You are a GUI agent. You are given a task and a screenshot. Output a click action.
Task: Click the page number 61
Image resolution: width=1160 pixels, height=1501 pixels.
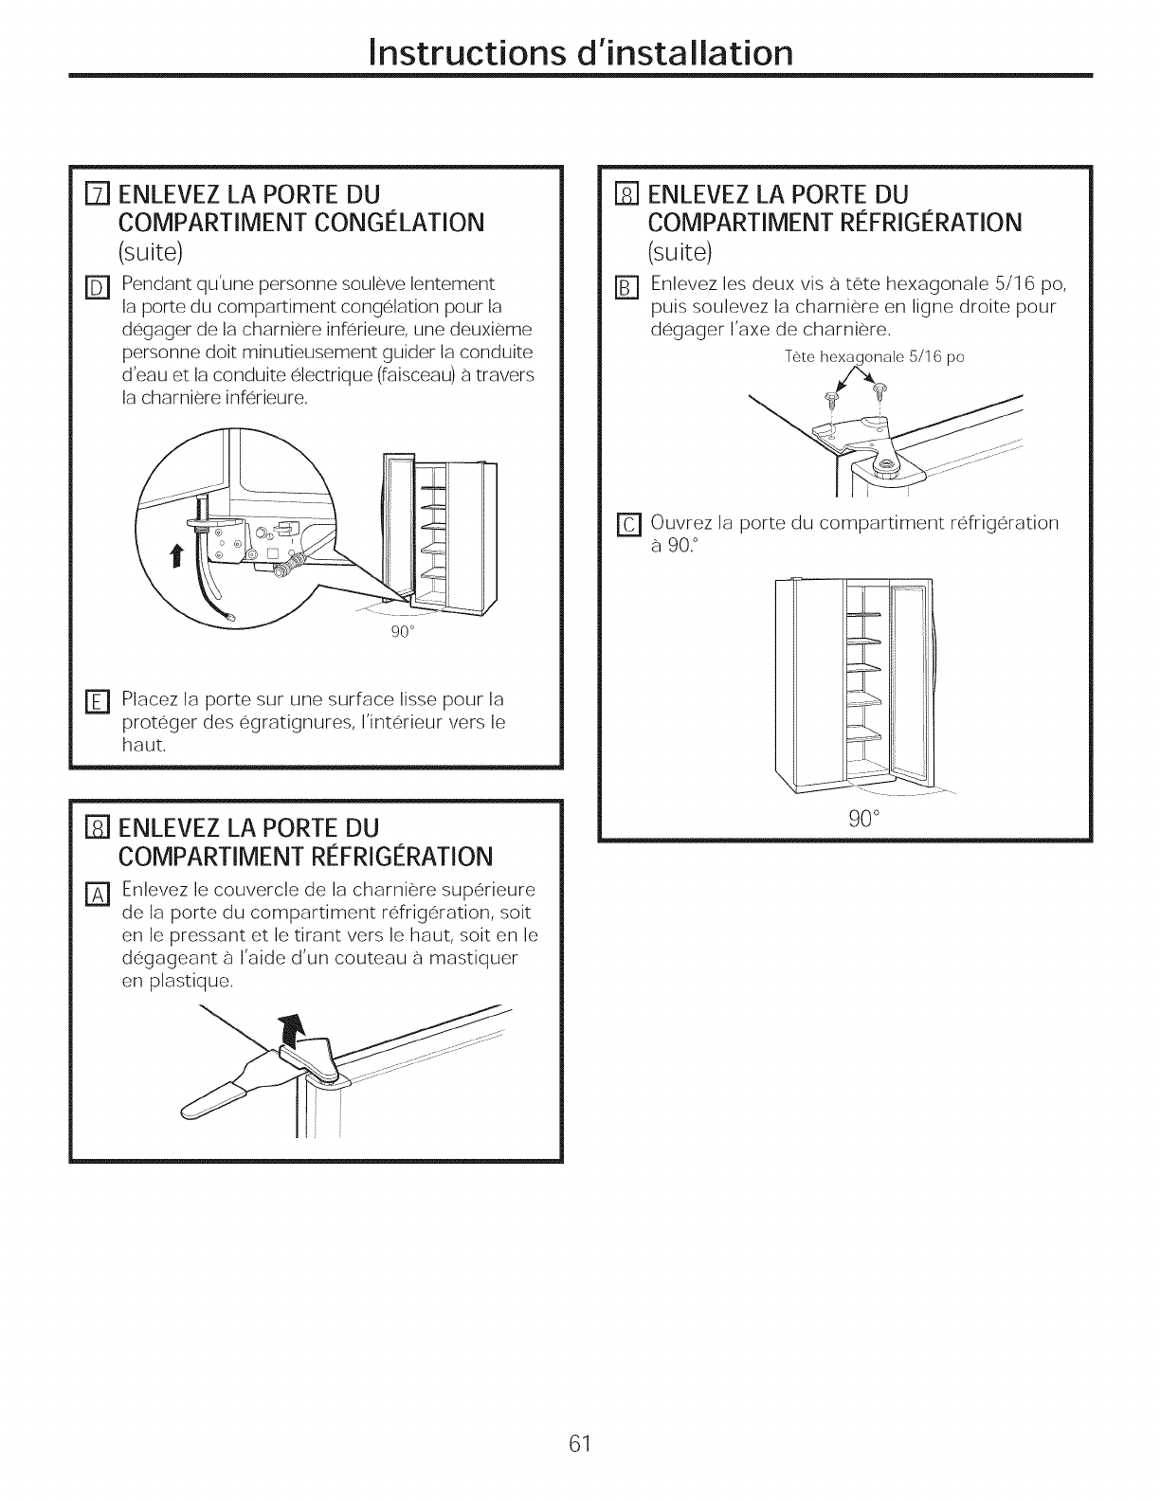[580, 1390]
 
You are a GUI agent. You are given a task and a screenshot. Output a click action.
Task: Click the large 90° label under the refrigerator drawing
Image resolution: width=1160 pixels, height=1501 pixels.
[861, 820]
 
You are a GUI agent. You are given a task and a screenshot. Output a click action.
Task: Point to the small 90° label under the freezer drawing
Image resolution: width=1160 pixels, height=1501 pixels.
[399, 634]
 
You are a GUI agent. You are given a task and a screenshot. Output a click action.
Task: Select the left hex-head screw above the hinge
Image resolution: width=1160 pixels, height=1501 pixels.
[831, 390]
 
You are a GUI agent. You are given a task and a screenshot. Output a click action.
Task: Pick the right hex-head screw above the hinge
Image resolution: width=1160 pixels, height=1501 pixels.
[877, 389]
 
